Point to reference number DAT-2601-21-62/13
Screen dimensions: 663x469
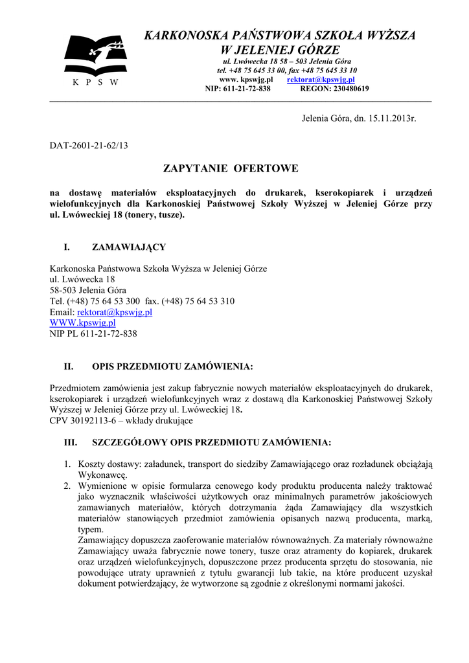pos(89,146)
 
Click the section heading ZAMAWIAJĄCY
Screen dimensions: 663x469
pos(129,247)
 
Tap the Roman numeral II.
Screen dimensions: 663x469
pos(67,366)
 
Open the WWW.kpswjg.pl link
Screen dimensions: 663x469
pos(82,322)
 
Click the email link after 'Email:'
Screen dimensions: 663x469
pos(115,312)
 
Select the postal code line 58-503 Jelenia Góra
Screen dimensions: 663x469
pos(88,290)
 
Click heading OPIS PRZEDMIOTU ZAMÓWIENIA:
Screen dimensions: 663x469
pos(172,366)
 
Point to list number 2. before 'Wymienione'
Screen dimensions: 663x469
pos(67,485)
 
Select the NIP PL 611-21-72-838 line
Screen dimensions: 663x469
pos(93,334)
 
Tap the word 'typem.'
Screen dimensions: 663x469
pos(91,528)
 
